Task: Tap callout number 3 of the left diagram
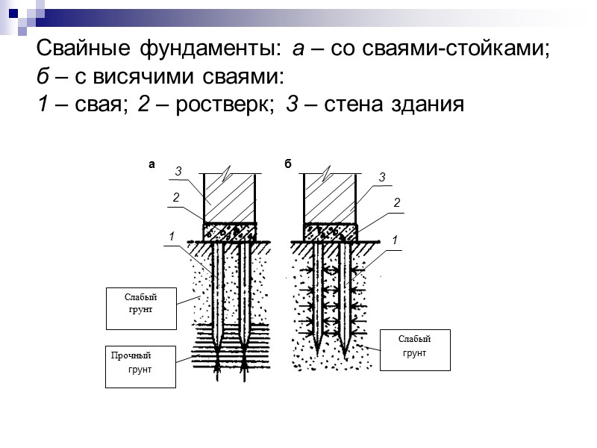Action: (x=178, y=172)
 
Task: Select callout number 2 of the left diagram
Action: (x=175, y=198)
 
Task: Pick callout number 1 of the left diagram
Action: (x=171, y=237)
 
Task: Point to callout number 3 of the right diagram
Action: (x=381, y=178)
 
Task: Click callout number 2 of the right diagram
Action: (x=397, y=203)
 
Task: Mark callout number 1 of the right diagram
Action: (x=394, y=240)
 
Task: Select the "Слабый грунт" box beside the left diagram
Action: (x=140, y=308)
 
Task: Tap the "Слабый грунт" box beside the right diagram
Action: (x=415, y=349)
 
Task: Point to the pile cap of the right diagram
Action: (x=329, y=231)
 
